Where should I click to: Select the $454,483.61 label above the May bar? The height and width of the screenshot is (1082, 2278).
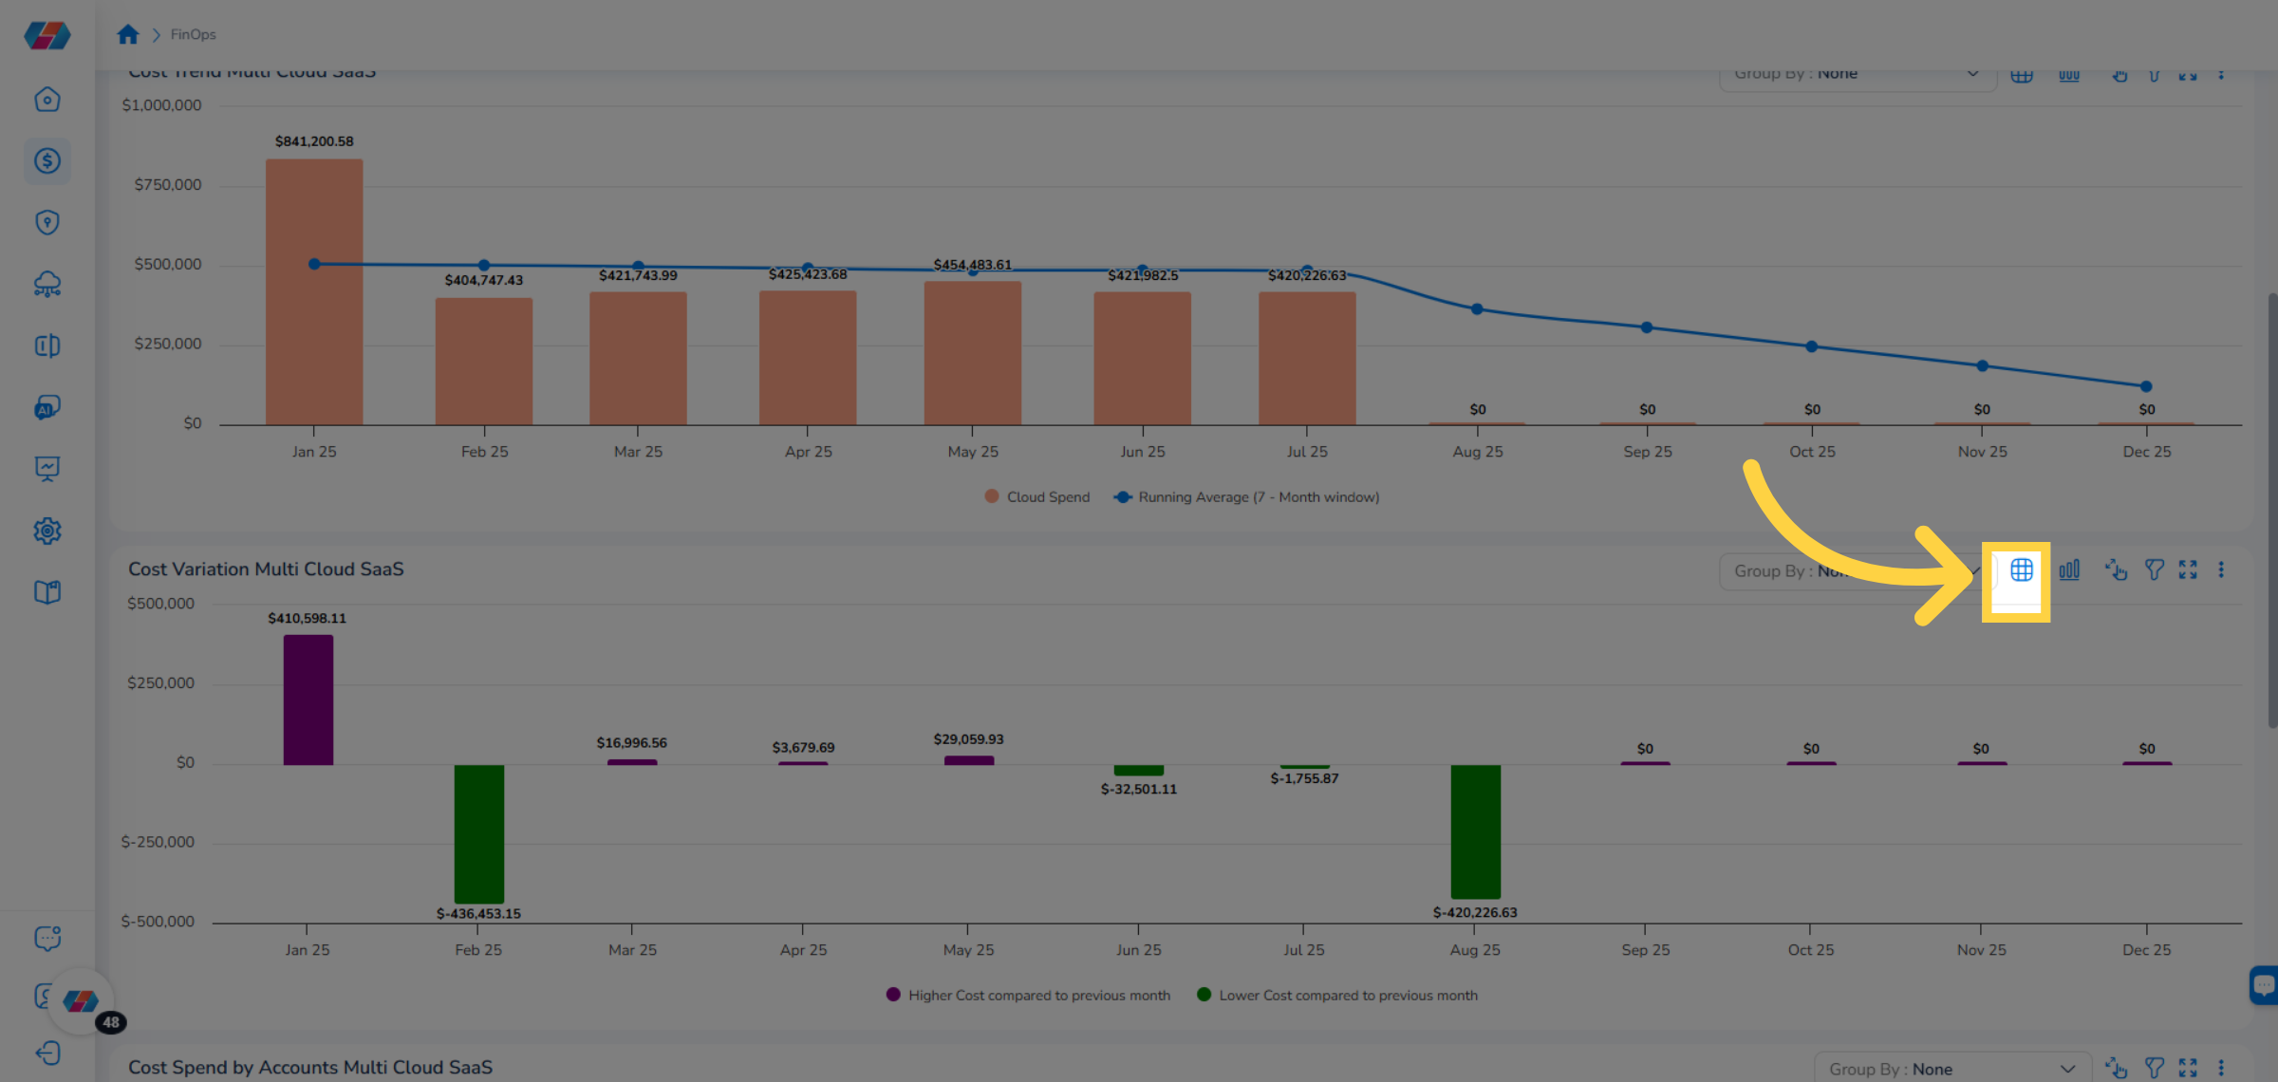click(x=972, y=265)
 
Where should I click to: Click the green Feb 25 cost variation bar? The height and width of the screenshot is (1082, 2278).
click(x=478, y=833)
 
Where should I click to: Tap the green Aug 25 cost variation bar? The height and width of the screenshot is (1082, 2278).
click(x=1475, y=830)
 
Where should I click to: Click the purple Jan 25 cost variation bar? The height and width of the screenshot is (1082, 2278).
click(x=308, y=700)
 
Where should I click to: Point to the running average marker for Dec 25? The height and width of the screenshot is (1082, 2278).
click(x=2146, y=386)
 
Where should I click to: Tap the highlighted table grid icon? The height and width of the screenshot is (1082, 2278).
click(x=2021, y=570)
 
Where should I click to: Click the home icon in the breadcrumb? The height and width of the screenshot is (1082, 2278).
click(x=128, y=35)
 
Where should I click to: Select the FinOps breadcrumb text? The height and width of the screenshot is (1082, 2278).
click(x=193, y=35)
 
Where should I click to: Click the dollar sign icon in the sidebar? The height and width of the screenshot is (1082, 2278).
click(x=47, y=161)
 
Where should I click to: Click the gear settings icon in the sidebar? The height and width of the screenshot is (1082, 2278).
click(x=47, y=531)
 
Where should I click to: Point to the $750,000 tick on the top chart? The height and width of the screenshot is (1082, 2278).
click(x=168, y=185)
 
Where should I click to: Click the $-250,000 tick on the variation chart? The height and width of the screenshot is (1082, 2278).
click(x=158, y=843)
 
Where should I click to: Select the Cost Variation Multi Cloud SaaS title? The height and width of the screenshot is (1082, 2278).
click(x=266, y=569)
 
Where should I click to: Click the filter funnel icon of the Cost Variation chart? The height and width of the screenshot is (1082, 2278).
click(x=2154, y=570)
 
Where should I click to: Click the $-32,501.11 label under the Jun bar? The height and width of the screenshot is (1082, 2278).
click(x=1138, y=790)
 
